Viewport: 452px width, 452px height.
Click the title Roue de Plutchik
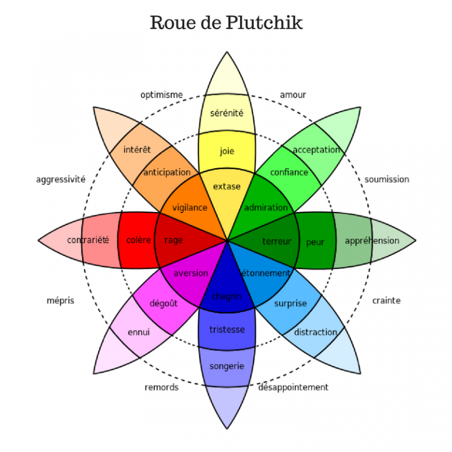click(226, 23)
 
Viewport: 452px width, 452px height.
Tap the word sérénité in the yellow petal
click(227, 113)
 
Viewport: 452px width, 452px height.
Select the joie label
click(227, 151)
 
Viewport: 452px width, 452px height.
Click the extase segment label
click(227, 187)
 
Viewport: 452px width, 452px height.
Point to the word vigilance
click(190, 207)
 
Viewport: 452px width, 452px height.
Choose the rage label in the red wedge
click(174, 240)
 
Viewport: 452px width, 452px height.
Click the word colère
click(139, 240)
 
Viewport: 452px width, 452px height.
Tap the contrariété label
click(88, 240)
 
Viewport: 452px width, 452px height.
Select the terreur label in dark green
click(277, 241)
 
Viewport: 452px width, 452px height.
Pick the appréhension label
click(372, 241)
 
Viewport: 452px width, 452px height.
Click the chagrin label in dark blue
click(227, 296)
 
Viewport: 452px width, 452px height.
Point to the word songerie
click(227, 366)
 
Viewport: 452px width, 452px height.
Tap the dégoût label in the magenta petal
click(164, 303)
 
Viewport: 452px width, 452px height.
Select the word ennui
click(138, 333)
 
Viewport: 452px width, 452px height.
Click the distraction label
click(315, 333)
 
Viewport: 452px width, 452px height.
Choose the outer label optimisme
click(161, 95)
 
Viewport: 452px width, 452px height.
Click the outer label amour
click(293, 95)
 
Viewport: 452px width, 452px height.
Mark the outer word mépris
click(60, 301)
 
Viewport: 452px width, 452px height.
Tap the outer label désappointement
click(293, 387)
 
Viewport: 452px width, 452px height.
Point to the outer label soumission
click(387, 180)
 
